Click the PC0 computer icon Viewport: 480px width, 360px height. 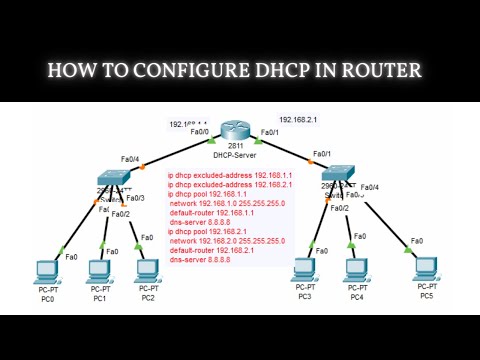[x=45, y=273]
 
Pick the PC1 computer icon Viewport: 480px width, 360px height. [x=99, y=273]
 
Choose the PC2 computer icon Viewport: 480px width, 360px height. [x=147, y=273]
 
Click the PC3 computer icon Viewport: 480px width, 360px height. [x=303, y=271]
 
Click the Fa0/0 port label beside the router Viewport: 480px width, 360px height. [x=199, y=131]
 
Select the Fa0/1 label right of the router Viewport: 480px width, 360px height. [x=268, y=132]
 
